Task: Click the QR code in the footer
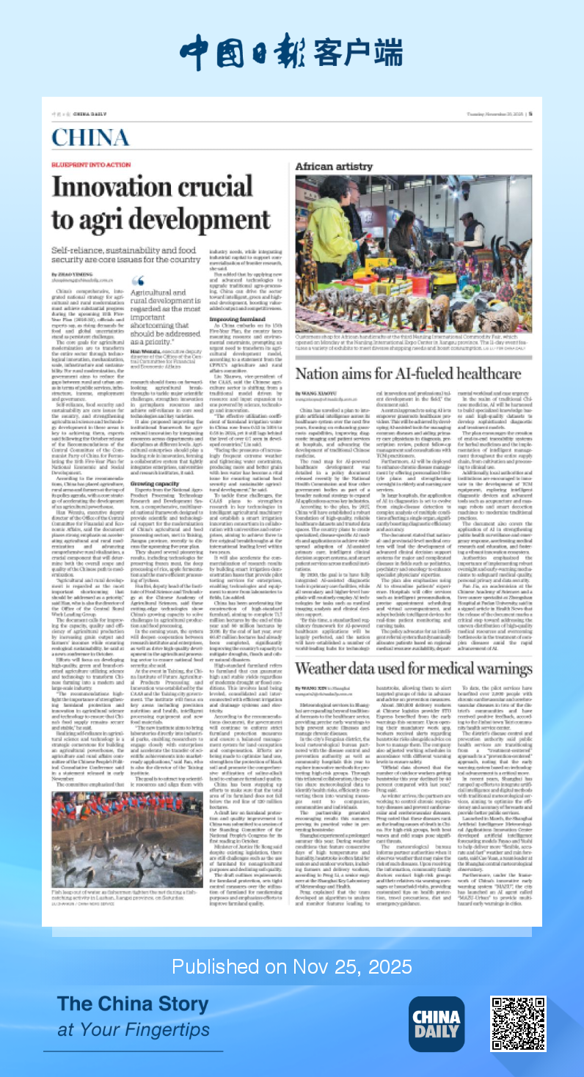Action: (x=518, y=1023)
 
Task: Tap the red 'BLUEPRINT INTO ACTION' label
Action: (x=81, y=166)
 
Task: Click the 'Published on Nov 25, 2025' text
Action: (x=292, y=966)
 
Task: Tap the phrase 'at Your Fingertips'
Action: (x=134, y=1029)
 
